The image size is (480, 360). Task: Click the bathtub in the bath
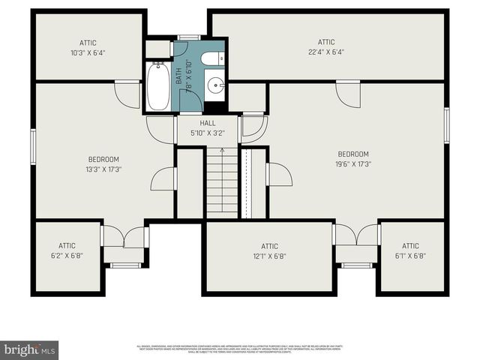pos(158,87)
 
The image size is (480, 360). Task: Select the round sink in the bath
pos(217,85)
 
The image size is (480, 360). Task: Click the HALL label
pos(208,123)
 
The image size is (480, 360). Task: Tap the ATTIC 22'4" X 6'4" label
pos(326,46)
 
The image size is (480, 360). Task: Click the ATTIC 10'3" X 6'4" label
pos(88,47)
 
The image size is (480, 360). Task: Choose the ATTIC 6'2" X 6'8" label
pos(67,250)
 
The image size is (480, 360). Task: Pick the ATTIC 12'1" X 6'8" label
pos(269,250)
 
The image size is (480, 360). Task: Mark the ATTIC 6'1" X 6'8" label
pos(410,250)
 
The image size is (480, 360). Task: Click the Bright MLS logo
pos(30,349)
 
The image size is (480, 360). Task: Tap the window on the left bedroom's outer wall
pos(33,144)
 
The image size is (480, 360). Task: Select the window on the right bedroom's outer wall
pos(446,125)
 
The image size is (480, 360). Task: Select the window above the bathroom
pos(188,37)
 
